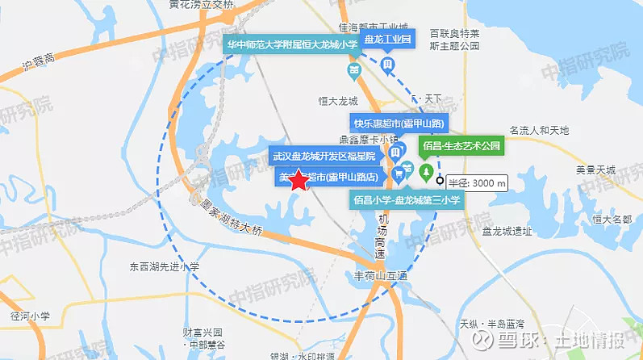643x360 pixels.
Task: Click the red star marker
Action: point(299,180)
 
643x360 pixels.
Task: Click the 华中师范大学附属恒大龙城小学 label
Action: point(292,44)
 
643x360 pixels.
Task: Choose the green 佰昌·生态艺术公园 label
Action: point(461,148)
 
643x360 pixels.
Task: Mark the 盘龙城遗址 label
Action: point(507,231)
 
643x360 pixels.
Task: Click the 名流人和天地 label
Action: point(539,130)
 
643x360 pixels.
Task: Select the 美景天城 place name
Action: point(595,170)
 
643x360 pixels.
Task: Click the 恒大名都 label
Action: point(611,219)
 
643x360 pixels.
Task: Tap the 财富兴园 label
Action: point(202,332)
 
